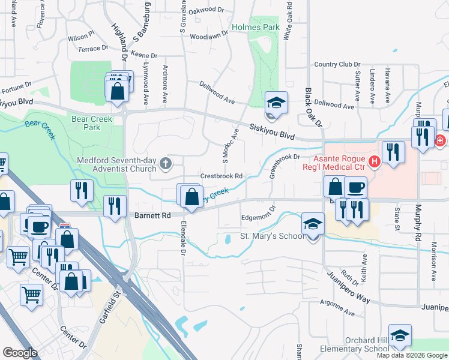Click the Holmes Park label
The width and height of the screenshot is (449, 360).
pyautogui.click(x=255, y=28)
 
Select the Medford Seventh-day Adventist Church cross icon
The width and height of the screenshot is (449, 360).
pyautogui.click(x=166, y=161)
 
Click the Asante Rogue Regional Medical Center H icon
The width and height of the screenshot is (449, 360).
pyautogui.click(x=375, y=161)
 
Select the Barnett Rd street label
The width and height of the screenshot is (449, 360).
pyautogui.click(x=152, y=214)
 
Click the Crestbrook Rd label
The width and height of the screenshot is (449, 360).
pyautogui.click(x=221, y=176)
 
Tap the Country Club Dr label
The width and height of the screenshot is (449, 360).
pyautogui.click(x=337, y=64)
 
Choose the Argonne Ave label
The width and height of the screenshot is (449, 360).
pyautogui.click(x=339, y=307)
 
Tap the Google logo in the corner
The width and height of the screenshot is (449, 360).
pyautogui.click(x=20, y=353)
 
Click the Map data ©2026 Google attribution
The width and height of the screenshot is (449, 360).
pyautogui.click(x=412, y=355)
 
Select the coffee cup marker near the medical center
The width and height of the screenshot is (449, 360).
pyautogui.click(x=355, y=187)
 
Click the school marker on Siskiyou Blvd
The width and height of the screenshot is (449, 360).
pyautogui.click(x=276, y=103)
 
